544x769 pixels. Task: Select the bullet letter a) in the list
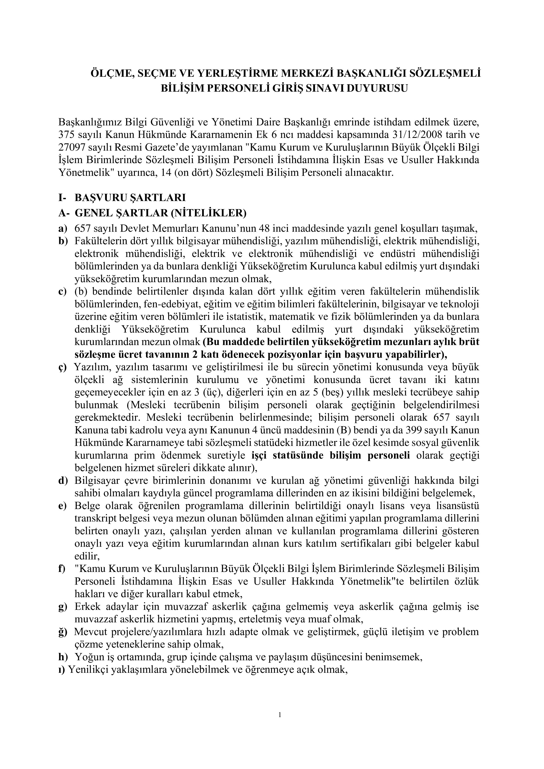63,229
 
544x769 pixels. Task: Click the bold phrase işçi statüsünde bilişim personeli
331,456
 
